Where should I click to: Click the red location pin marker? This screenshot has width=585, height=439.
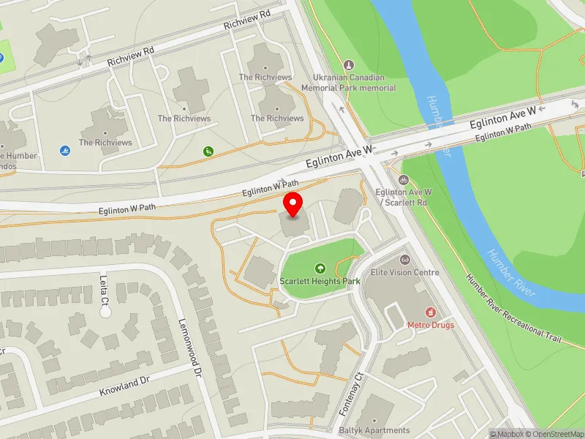(x=293, y=205)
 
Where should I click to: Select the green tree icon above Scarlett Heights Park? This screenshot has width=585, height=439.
(x=319, y=269)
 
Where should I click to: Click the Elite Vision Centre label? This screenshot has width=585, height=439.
(x=404, y=272)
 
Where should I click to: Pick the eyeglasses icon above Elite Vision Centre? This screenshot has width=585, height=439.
(x=404, y=260)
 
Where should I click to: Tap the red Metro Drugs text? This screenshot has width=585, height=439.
(x=430, y=325)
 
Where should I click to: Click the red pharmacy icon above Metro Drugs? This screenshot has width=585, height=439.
(x=431, y=312)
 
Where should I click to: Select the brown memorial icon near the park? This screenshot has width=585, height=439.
(x=347, y=64)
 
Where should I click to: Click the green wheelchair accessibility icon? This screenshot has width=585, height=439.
(x=208, y=151)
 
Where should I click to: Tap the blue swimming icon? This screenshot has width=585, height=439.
(x=65, y=151)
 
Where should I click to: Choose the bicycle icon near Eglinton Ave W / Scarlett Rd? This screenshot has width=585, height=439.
(x=403, y=180)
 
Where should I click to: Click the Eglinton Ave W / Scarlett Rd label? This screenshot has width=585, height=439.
(x=403, y=196)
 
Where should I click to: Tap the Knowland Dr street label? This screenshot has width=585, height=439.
(x=124, y=386)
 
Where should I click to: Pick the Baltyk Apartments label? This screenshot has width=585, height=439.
(x=374, y=430)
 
